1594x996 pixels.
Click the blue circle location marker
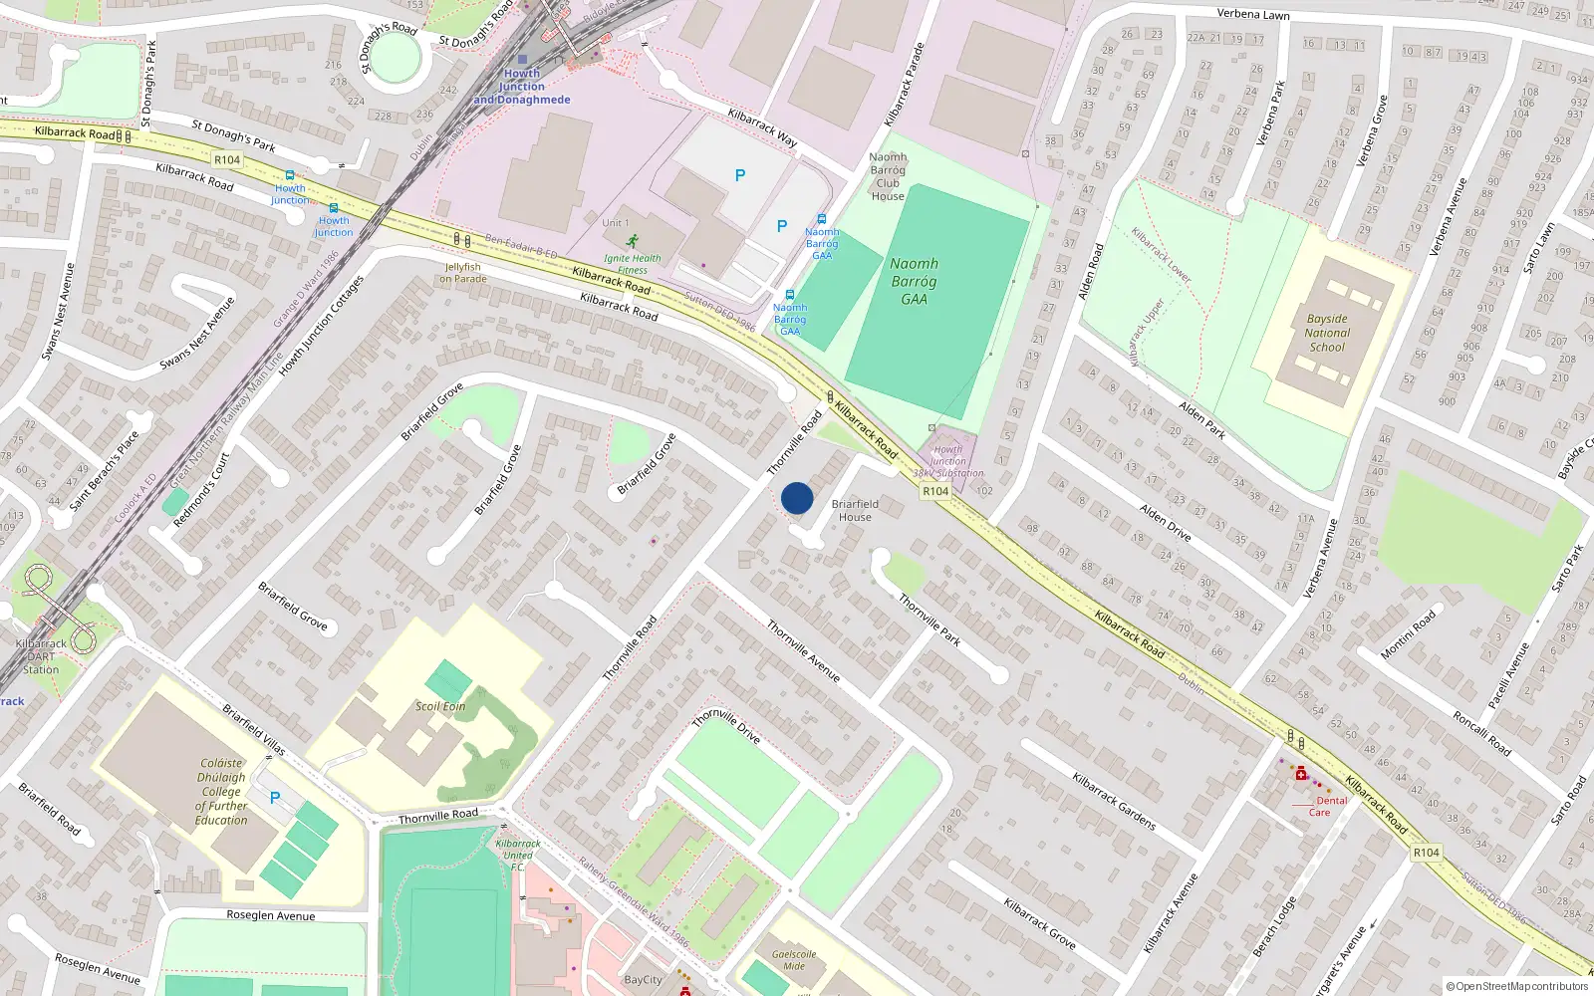pyautogui.click(x=797, y=498)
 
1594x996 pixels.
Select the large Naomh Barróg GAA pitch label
pyautogui.click(x=914, y=281)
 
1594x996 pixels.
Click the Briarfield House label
pyautogui.click(x=855, y=510)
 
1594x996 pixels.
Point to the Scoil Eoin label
pyautogui.click(x=440, y=706)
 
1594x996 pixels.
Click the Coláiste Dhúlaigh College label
pyautogui.click(x=221, y=792)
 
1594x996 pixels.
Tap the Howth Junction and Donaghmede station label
pyautogui.click(x=522, y=87)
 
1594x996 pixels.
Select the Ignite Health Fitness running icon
pyautogui.click(x=632, y=241)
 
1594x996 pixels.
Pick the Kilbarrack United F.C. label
pyautogui.click(x=518, y=855)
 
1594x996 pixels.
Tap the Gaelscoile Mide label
pyautogui.click(x=794, y=960)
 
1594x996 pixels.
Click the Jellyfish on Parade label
pyautogui.click(x=463, y=273)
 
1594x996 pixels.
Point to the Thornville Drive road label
pyautogui.click(x=727, y=726)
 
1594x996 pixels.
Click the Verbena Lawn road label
pyautogui.click(x=1253, y=15)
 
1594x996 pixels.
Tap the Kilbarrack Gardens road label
pyautogui.click(x=1114, y=801)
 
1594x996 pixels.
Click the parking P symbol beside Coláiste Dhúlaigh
pyautogui.click(x=275, y=798)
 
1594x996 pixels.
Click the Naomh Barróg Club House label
pyautogui.click(x=888, y=176)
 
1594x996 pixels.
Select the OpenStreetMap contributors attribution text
pyautogui.click(x=1516, y=986)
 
